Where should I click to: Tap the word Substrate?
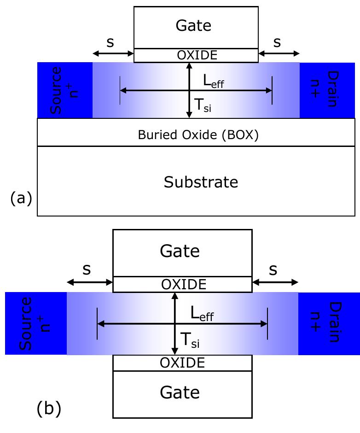pyautogui.click(x=201, y=182)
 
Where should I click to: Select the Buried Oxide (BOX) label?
pyautogui.click(x=192, y=135)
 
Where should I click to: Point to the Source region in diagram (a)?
pyautogui.click(x=65, y=90)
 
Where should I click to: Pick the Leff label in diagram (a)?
pyautogui.click(x=215, y=82)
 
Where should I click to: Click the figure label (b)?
pyautogui.click(x=49, y=409)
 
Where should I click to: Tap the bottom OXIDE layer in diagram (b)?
pyautogui.click(x=182, y=363)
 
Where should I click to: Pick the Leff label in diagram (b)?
pyautogui.click(x=202, y=315)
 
